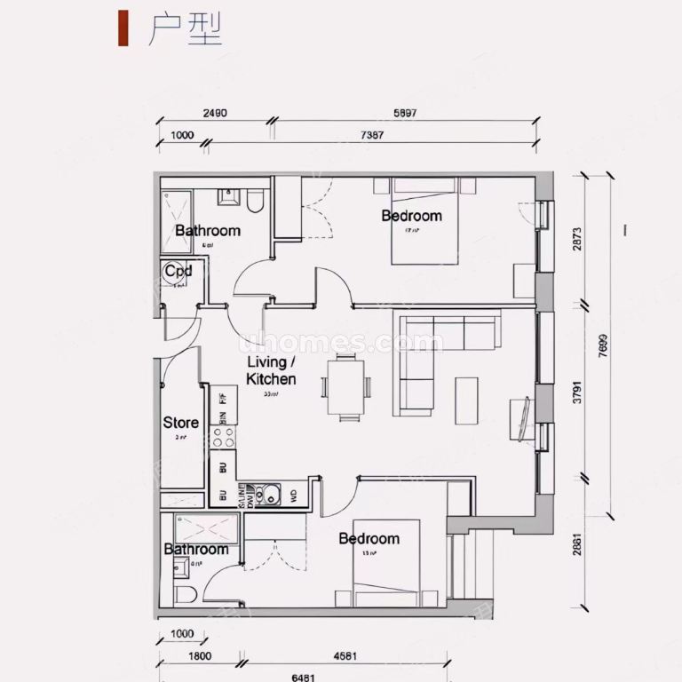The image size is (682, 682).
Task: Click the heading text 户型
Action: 184,30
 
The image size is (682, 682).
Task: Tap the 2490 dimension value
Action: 215,114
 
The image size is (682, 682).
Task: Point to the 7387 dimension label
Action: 371,135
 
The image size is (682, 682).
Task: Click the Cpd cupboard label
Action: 178,270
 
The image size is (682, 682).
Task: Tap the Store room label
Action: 180,423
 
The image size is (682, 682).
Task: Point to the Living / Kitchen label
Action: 271,370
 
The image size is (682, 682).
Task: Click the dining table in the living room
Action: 346,387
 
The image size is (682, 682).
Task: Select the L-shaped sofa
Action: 435,355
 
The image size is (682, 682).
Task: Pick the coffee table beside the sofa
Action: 466,401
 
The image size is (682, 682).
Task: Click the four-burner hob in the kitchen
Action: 223,437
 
